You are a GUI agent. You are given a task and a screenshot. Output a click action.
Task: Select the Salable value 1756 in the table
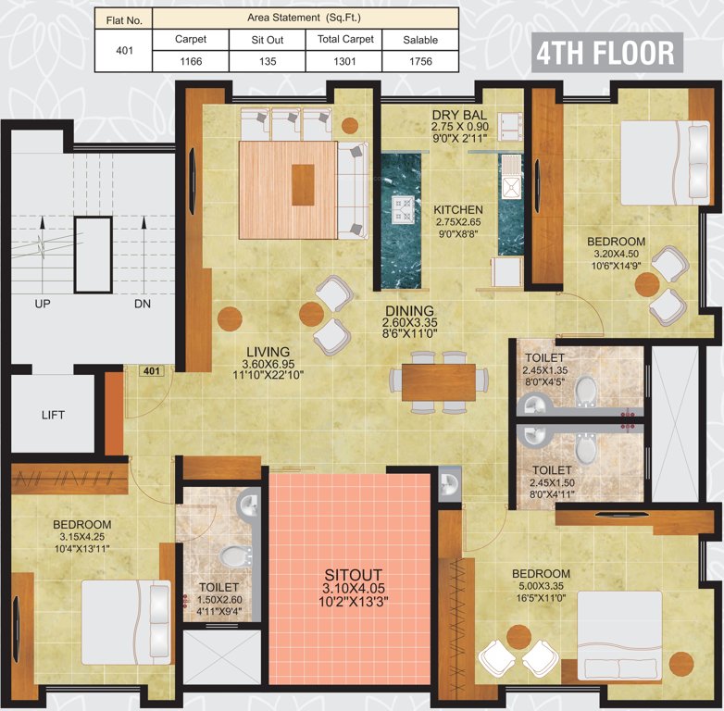pyautogui.click(x=419, y=60)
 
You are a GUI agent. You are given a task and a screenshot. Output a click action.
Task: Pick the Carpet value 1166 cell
pyautogui.click(x=190, y=60)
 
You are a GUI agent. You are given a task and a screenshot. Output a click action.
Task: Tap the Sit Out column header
pyautogui.click(x=268, y=39)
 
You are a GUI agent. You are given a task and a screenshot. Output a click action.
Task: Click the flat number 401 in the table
pyautogui.click(x=122, y=50)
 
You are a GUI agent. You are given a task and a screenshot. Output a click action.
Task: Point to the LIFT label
pyautogui.click(x=53, y=415)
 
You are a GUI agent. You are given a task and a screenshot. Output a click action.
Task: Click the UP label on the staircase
pyautogui.click(x=43, y=304)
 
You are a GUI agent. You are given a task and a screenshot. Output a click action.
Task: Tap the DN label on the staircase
pyautogui.click(x=142, y=304)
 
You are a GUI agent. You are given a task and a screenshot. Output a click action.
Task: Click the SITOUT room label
pyautogui.click(x=351, y=574)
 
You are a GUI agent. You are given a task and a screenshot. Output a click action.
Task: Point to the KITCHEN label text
pyautogui.click(x=458, y=210)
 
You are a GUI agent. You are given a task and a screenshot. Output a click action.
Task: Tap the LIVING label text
pyautogui.click(x=267, y=352)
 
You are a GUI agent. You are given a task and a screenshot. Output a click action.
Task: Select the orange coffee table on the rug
pyautogui.click(x=303, y=184)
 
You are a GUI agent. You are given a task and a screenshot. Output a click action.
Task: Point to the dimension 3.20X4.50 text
pyautogui.click(x=616, y=256)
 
